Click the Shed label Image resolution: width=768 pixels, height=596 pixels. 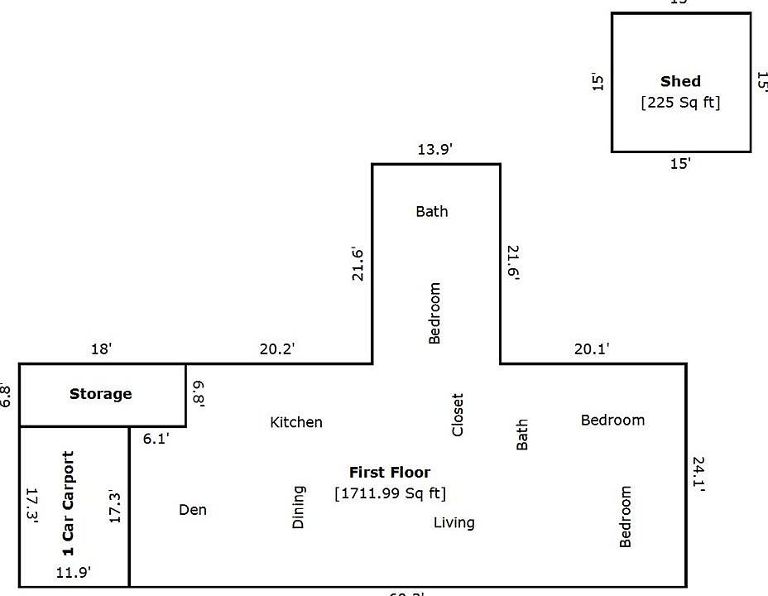[680, 81]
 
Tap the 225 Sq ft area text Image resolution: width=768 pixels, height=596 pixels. [680, 103]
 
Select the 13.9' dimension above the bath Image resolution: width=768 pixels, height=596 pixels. [435, 149]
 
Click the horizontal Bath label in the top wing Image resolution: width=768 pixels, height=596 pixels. [432, 212]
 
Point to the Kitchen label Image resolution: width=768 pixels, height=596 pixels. [296, 423]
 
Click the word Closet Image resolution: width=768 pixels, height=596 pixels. [458, 415]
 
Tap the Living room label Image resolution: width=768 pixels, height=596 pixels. [454, 522]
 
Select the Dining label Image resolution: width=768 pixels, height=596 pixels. [299, 507]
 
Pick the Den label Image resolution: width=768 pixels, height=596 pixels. [193, 510]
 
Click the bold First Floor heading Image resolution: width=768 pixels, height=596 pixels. [390, 473]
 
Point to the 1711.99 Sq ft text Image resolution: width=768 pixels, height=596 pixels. [390, 494]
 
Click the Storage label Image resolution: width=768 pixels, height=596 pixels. [101, 394]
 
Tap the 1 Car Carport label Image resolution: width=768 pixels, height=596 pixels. [69, 503]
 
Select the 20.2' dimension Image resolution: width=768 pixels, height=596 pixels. [277, 349]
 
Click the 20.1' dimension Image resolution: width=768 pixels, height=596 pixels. [592, 349]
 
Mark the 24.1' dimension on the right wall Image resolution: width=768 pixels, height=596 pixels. [698, 474]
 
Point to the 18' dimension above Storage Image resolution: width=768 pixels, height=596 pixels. [101, 349]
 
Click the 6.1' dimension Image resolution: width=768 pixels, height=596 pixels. [156, 439]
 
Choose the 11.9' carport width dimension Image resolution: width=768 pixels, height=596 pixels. [74, 571]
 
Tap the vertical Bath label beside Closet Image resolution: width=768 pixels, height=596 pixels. [522, 435]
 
